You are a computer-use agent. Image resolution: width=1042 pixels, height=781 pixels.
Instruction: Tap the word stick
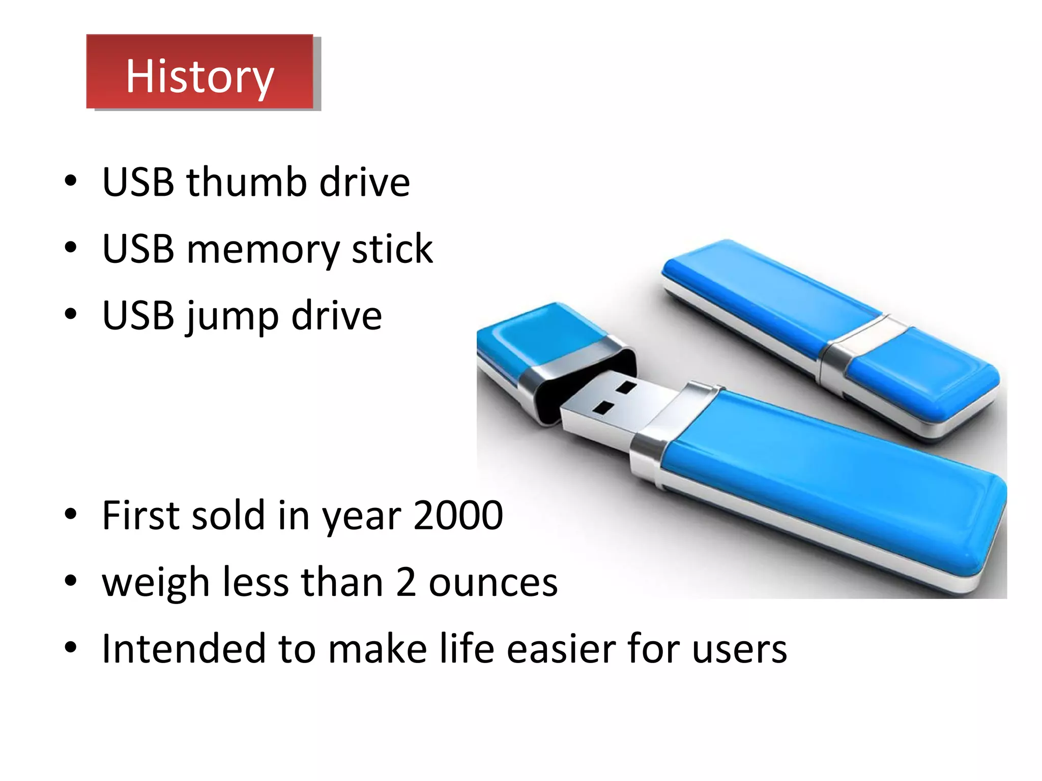tap(392, 249)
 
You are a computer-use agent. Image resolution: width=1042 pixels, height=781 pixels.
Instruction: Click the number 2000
tap(458, 515)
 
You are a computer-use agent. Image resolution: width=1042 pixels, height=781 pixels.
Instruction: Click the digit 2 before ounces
tap(406, 582)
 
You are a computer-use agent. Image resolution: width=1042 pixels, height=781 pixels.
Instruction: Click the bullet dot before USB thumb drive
tap(71, 181)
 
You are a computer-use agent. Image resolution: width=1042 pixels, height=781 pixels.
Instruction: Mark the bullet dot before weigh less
tap(71, 580)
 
